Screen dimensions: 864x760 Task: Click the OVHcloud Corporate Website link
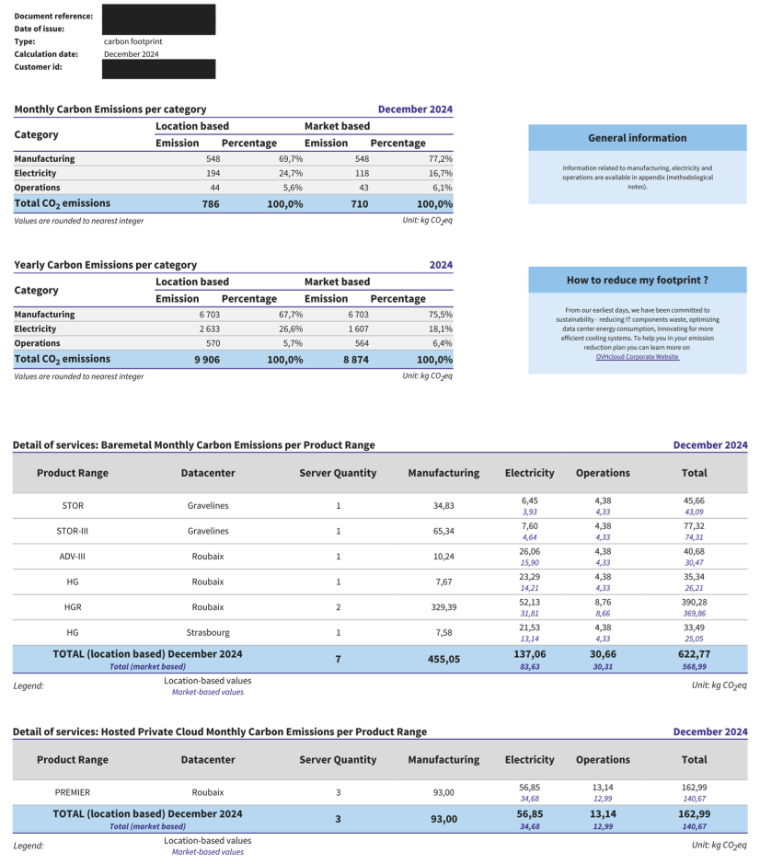pyautogui.click(x=638, y=357)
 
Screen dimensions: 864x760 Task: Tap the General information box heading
pyautogui.click(x=638, y=138)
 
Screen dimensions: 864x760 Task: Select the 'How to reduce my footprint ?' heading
pyautogui.click(x=638, y=280)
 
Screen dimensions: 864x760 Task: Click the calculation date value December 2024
pyautogui.click(x=131, y=54)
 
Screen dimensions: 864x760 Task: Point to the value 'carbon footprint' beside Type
pyautogui.click(x=132, y=41)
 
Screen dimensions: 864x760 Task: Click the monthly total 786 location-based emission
pyautogui.click(x=211, y=203)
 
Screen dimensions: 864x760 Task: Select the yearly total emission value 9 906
pyautogui.click(x=207, y=359)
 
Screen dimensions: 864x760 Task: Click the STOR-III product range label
pyautogui.click(x=73, y=531)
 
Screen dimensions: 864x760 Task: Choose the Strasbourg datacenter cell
pyautogui.click(x=208, y=632)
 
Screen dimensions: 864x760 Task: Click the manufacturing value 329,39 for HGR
pyautogui.click(x=443, y=607)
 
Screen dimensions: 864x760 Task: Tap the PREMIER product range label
pyautogui.click(x=73, y=792)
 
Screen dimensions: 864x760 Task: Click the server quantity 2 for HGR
pyautogui.click(x=338, y=607)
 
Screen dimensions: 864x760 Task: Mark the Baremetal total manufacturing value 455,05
pyautogui.click(x=443, y=659)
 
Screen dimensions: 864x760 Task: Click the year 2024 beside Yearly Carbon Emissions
pyautogui.click(x=441, y=265)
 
